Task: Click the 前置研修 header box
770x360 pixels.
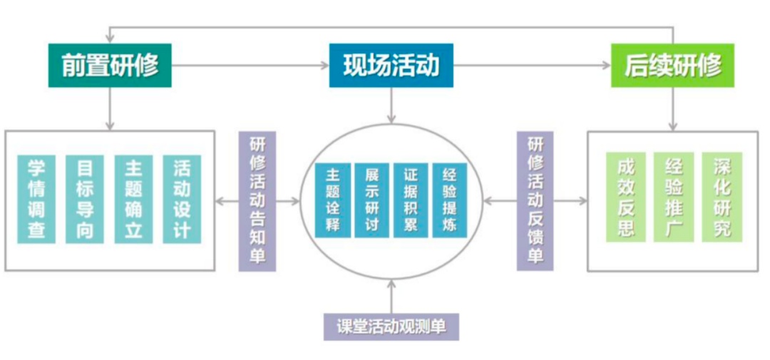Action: [x=110, y=66]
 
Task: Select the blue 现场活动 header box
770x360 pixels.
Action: [x=391, y=66]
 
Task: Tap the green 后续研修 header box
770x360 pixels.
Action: [x=672, y=66]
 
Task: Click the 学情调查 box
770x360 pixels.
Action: [x=36, y=199]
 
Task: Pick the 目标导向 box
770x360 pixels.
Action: [x=84, y=199]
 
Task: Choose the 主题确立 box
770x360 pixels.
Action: [x=133, y=199]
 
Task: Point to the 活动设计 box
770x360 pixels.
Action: [x=181, y=199]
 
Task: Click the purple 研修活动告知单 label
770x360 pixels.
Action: [x=257, y=201]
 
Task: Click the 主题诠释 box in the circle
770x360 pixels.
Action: [x=332, y=201]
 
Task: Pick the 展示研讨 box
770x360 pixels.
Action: [x=371, y=201]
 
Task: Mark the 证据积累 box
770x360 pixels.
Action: [x=411, y=201]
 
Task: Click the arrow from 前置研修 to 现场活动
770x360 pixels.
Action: [x=250, y=66]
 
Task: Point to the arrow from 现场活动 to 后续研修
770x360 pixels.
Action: [x=532, y=66]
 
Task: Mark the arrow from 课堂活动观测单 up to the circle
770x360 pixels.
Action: [x=391, y=295]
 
